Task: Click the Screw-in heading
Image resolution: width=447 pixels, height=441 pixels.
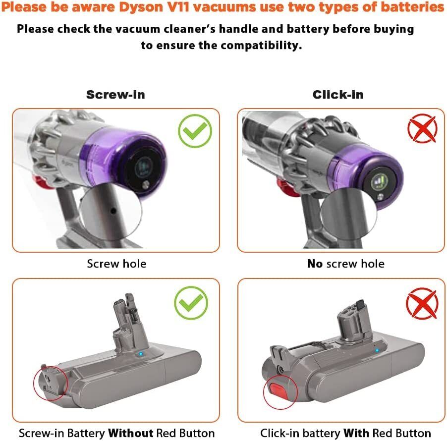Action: click(115, 95)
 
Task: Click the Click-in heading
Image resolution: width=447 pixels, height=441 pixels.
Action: click(337, 95)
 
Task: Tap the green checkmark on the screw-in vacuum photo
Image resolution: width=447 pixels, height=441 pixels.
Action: click(195, 131)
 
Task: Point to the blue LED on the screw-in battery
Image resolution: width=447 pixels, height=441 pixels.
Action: click(141, 354)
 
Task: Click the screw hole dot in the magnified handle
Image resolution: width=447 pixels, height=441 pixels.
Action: click(113, 211)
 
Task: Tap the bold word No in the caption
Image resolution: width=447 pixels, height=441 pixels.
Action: click(315, 264)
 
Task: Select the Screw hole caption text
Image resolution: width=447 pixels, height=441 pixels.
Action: click(116, 264)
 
